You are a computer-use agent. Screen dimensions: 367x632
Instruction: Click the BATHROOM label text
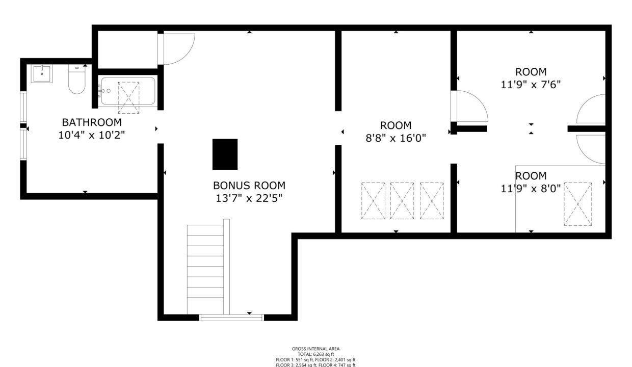pyautogui.click(x=92, y=122)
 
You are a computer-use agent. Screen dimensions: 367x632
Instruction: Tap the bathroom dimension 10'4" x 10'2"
pyautogui.click(x=92, y=135)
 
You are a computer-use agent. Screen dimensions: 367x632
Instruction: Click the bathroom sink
pyautogui.click(x=41, y=73)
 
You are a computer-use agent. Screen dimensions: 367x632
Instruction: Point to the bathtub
pyautogui.click(x=128, y=91)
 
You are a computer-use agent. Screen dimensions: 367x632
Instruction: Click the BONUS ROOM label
pyautogui.click(x=249, y=186)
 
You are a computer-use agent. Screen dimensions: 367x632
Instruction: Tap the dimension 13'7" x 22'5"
pyautogui.click(x=249, y=198)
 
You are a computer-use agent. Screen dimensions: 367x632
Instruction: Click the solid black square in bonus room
pyautogui.click(x=225, y=154)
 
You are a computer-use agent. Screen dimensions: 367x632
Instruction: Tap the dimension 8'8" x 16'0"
pyautogui.click(x=396, y=138)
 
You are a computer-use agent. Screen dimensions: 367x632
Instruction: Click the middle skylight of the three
pyautogui.click(x=402, y=201)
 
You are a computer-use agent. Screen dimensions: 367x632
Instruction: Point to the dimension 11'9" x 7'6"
pyautogui.click(x=531, y=85)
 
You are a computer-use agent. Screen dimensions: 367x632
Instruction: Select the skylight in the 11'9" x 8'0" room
pyautogui.click(x=577, y=204)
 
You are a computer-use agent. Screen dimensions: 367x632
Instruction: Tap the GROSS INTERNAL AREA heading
pyautogui.click(x=315, y=349)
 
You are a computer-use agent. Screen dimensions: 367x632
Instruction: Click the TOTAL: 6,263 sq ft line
pyautogui.click(x=315, y=354)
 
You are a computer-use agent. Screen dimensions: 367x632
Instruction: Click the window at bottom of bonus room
pyautogui.click(x=231, y=318)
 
